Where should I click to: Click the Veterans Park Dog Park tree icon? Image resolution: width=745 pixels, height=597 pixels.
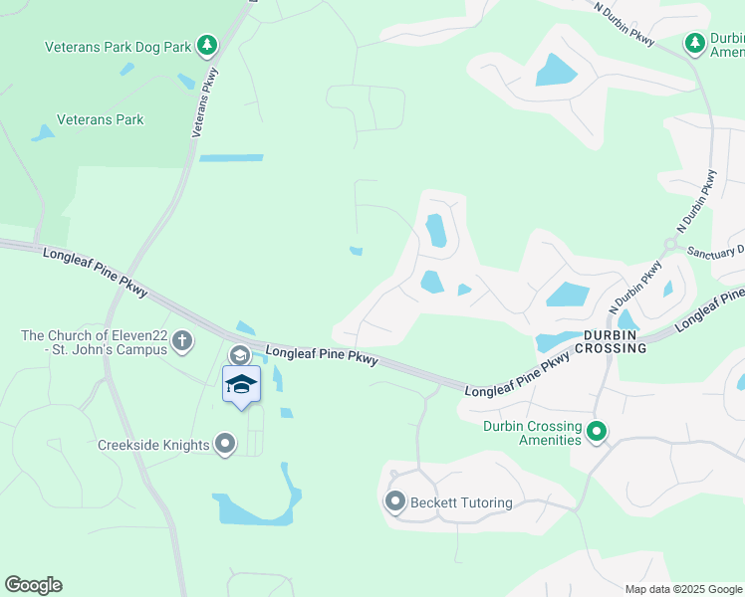206,45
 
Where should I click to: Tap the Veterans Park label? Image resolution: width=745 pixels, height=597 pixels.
100,120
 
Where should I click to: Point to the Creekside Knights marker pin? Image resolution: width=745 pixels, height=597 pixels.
225,444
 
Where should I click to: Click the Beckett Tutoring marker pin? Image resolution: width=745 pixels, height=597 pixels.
395,502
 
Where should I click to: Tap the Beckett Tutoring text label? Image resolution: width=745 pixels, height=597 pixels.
460,503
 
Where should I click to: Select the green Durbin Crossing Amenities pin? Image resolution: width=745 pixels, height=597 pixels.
597,432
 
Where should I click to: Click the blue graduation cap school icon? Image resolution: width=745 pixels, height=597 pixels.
241,384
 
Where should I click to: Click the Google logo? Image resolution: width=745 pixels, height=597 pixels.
33,585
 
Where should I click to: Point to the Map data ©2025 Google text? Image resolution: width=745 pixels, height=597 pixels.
683,589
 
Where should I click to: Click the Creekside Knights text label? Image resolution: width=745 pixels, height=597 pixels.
153,445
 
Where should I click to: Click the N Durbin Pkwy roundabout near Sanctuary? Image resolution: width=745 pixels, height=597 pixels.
671,245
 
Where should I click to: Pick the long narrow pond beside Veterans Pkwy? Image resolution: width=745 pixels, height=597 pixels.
231,157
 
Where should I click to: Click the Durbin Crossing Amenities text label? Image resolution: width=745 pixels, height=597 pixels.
532,433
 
